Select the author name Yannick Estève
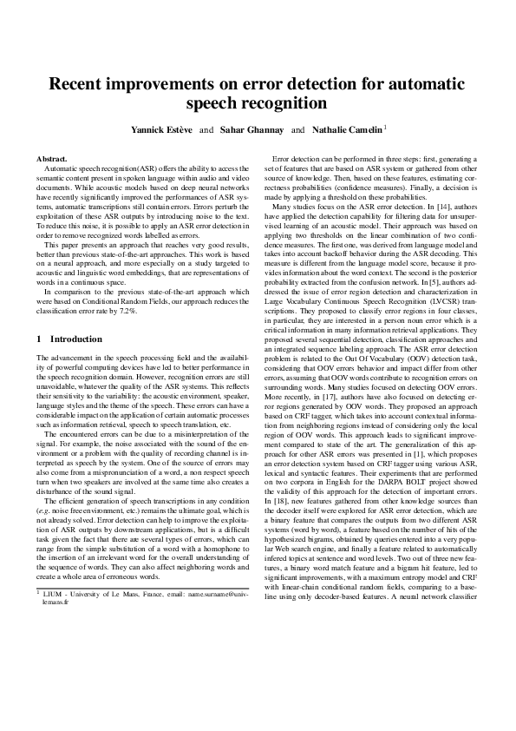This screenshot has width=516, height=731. [x=161, y=129]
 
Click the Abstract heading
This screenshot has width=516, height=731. [x=52, y=160]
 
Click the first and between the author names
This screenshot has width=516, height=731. [x=206, y=129]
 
